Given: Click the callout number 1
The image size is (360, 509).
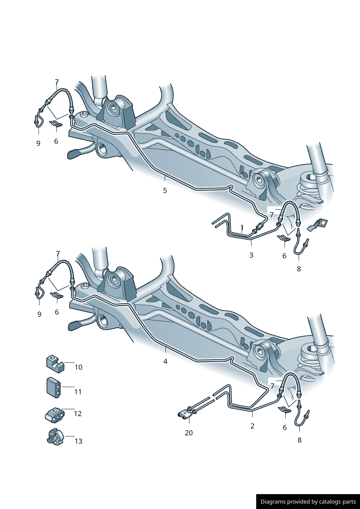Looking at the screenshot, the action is [242, 227].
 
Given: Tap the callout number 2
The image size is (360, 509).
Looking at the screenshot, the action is [252, 426].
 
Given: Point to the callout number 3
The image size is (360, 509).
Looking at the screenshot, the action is [251, 255].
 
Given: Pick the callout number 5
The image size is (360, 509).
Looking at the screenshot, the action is [165, 190].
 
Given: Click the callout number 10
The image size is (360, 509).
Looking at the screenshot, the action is [79, 367].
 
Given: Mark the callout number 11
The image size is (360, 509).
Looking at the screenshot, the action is [78, 392].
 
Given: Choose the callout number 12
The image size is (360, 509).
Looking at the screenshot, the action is [78, 414].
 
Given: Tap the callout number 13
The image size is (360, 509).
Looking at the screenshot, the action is [78, 441].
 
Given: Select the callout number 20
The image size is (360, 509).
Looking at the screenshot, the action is [189, 433].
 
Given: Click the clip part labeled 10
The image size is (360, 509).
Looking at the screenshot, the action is [55, 364].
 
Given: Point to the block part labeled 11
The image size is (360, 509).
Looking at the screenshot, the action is [54, 387].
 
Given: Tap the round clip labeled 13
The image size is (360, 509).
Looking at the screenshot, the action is [55, 437].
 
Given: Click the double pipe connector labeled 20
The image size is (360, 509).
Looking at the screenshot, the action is [185, 415].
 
